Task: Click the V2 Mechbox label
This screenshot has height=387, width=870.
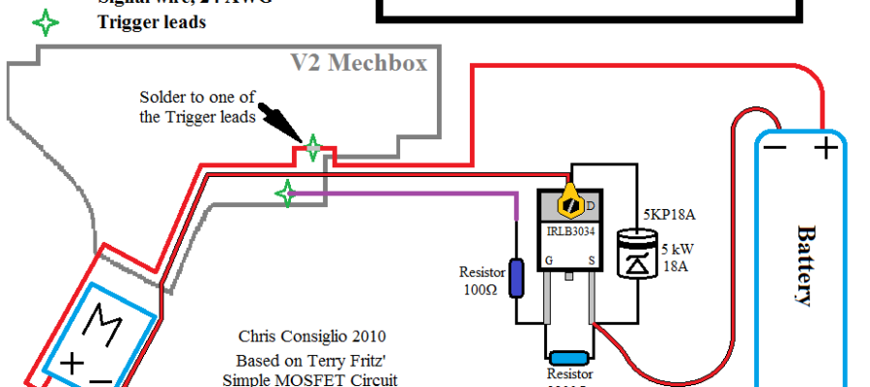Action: point(359,63)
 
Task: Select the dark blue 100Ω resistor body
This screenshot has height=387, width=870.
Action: point(516,277)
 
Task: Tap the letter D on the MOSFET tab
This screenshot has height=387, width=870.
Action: point(591,205)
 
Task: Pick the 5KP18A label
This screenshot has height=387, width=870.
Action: point(669,213)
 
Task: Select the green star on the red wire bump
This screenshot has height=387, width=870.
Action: point(312,149)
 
